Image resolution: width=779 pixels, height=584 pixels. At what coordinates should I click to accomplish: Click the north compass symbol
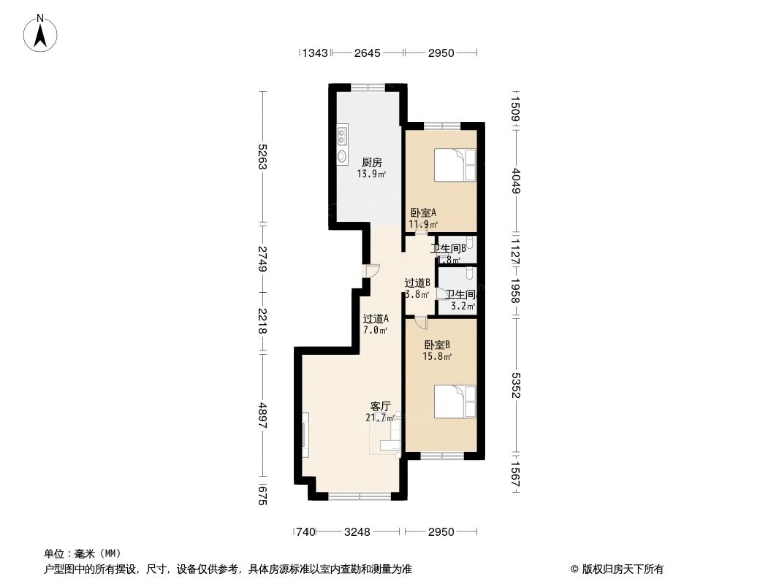click(x=42, y=34)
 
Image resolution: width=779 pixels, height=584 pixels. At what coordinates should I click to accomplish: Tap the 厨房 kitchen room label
click(x=371, y=162)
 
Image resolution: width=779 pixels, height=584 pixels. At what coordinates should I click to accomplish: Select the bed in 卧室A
click(x=455, y=165)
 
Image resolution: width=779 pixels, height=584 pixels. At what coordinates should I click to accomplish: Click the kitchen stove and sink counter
click(x=342, y=146)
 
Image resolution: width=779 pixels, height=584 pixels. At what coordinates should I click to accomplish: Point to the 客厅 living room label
click(x=380, y=406)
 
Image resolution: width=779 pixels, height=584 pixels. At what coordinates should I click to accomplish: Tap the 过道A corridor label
click(x=376, y=318)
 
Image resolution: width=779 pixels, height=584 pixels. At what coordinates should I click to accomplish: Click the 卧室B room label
click(x=437, y=345)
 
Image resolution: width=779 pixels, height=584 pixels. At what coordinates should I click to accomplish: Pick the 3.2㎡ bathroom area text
click(x=461, y=307)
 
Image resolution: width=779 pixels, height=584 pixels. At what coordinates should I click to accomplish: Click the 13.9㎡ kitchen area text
click(x=371, y=174)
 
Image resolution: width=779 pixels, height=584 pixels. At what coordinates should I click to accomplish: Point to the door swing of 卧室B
click(x=419, y=323)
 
